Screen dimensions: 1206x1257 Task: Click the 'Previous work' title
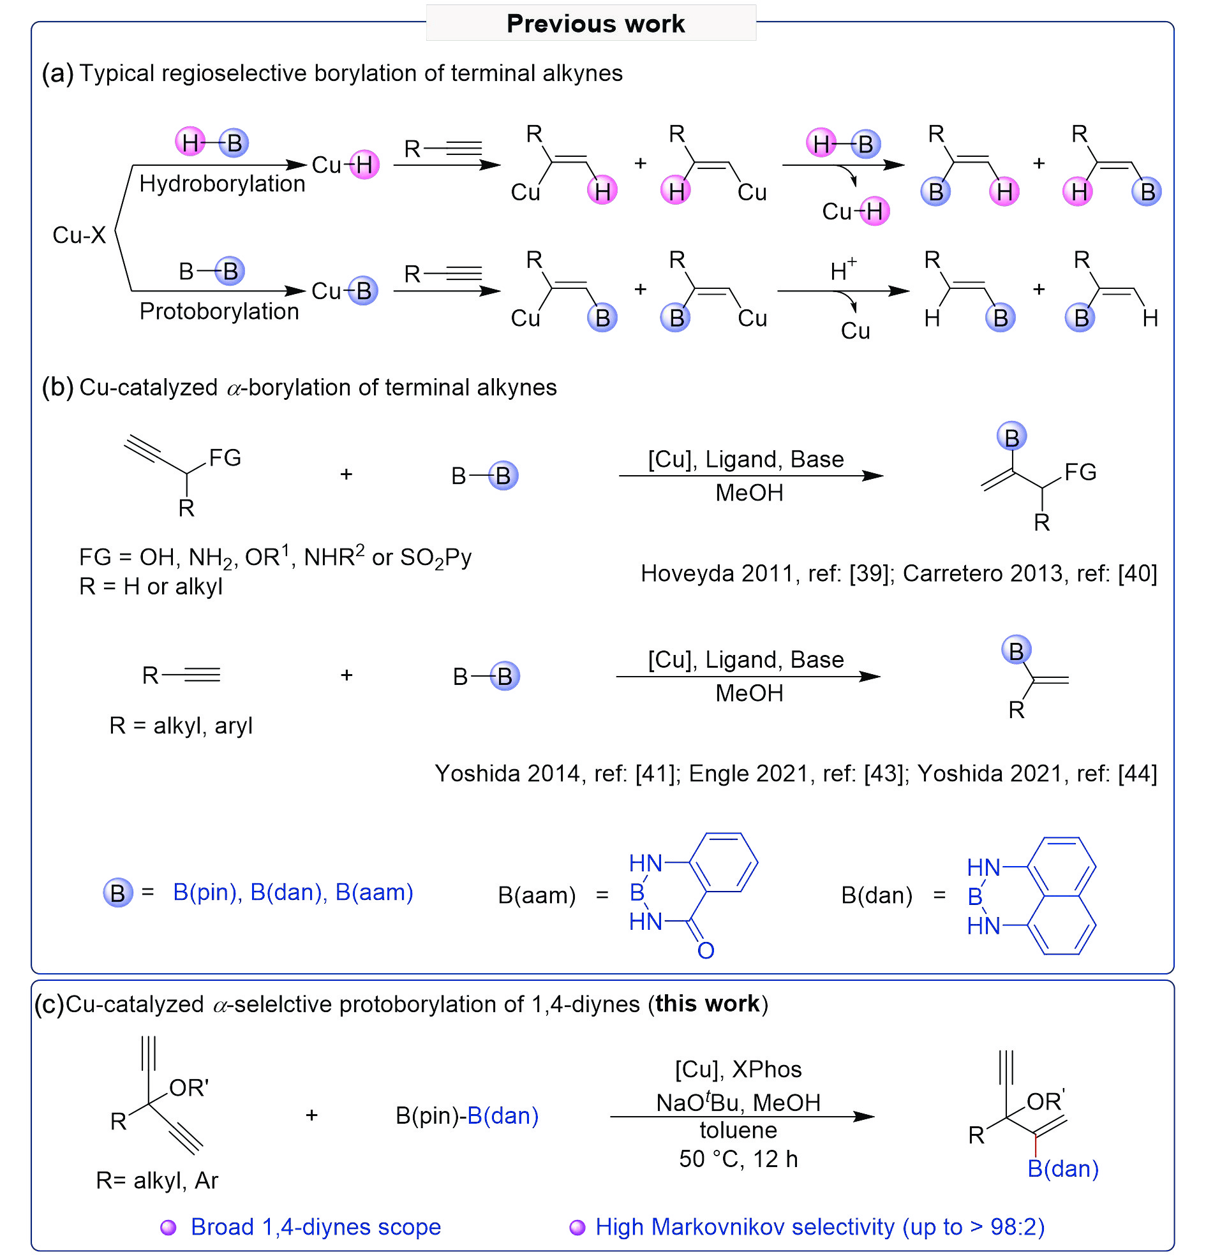click(x=595, y=24)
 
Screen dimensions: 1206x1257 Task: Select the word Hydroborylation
click(x=222, y=184)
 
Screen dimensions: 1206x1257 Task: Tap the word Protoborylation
click(x=219, y=311)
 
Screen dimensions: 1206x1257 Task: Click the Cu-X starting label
click(x=79, y=235)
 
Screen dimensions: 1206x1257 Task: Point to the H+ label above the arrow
click(x=843, y=269)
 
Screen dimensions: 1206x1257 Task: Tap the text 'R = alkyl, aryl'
click(x=181, y=725)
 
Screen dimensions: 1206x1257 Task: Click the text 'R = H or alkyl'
click(x=151, y=586)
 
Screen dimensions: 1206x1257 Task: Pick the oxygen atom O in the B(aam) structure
click(x=705, y=950)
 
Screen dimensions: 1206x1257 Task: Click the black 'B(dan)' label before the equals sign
click(x=876, y=895)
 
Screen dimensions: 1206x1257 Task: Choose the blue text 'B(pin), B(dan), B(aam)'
click(x=294, y=892)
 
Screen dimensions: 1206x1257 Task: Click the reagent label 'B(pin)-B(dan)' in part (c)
click(x=466, y=1115)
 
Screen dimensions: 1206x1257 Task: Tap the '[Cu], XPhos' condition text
click(x=738, y=1069)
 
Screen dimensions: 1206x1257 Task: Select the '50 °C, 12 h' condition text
click(x=738, y=1159)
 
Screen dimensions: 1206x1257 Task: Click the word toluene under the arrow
click(x=738, y=1129)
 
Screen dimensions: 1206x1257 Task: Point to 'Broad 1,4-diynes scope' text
click(x=316, y=1226)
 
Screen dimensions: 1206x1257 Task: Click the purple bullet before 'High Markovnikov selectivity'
click(x=577, y=1227)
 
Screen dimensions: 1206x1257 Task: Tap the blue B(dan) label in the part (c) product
click(x=1062, y=1168)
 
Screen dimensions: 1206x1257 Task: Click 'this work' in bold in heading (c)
click(x=706, y=1004)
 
